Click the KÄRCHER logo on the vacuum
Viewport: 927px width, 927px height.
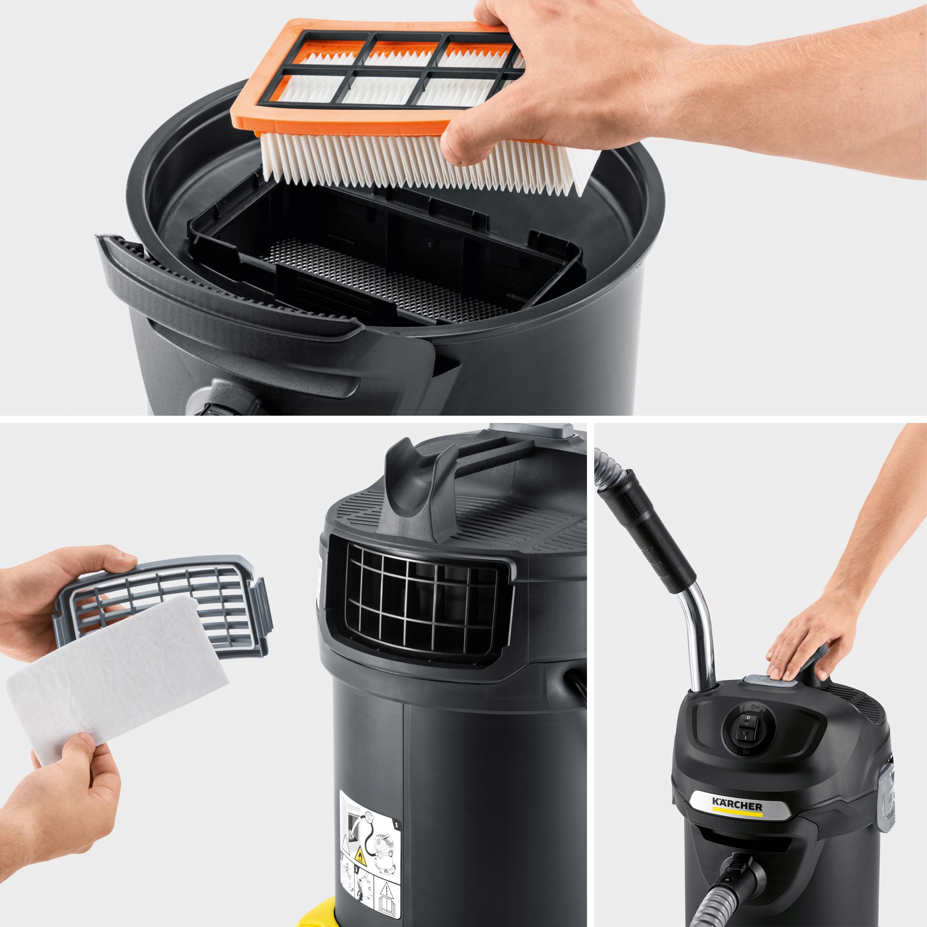[737, 805]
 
